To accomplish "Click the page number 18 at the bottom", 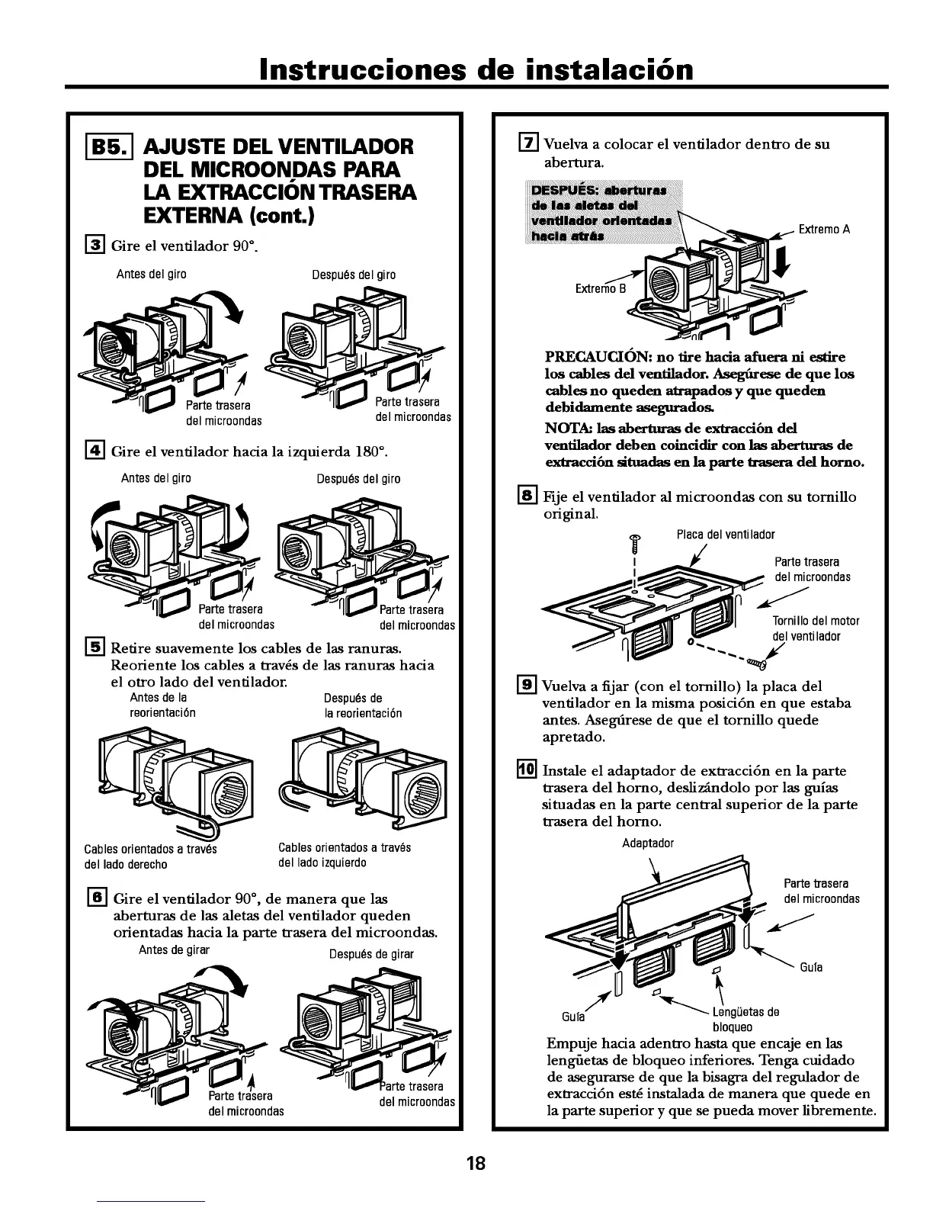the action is coord(476,1164).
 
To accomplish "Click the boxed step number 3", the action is coord(96,246).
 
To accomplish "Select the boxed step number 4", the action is coord(96,451).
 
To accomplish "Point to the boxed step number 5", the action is coord(96,647).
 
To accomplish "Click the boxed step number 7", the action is coord(527,143).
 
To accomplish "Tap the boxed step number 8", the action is coord(527,496).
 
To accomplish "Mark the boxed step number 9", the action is coord(527,686).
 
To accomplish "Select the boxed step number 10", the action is coord(527,770).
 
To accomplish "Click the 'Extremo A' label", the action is coord(824,230).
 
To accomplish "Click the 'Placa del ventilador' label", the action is coord(726,535).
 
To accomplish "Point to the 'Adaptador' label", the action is coord(648,843).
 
